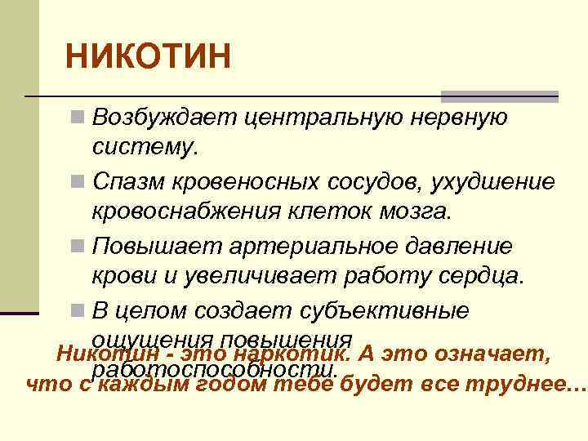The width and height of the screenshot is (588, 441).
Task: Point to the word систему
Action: point(145,149)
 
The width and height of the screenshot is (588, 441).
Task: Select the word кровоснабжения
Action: point(185,212)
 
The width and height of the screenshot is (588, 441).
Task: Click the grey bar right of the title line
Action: point(500,96)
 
